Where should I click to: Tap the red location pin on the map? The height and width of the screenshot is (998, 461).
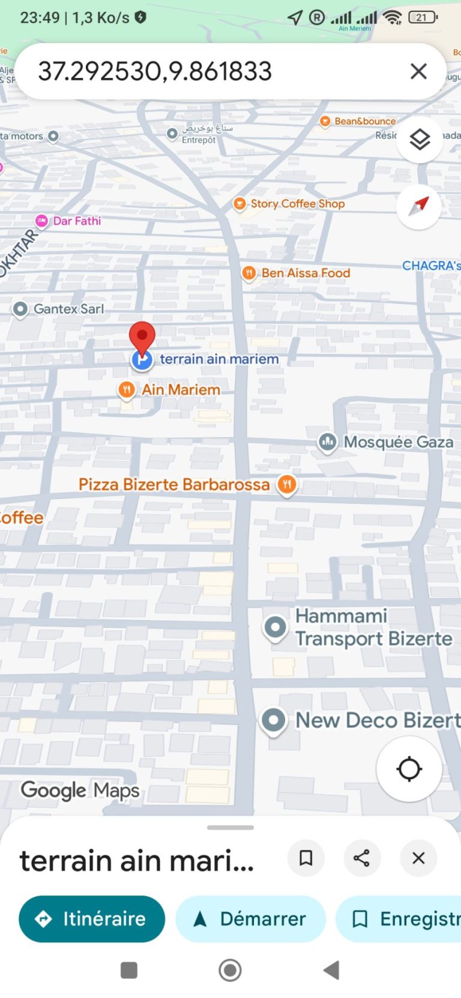(x=142, y=336)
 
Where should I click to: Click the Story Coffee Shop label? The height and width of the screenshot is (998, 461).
(x=297, y=204)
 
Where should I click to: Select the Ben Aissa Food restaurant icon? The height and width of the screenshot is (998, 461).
(x=249, y=273)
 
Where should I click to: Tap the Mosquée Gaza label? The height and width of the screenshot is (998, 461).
(x=398, y=442)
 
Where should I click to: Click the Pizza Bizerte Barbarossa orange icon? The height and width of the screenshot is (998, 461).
(x=287, y=484)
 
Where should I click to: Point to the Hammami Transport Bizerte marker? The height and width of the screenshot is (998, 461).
(x=276, y=627)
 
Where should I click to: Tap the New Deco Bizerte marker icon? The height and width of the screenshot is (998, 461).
(x=274, y=720)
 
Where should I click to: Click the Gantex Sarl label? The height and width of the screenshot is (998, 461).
(x=68, y=309)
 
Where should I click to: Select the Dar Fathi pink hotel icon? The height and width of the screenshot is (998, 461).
(x=41, y=221)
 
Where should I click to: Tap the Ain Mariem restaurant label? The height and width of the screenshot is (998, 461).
(x=181, y=390)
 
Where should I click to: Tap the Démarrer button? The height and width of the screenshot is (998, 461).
(x=250, y=919)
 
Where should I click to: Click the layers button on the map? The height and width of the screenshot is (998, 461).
(x=420, y=140)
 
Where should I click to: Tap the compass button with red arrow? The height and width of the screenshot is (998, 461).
(x=419, y=206)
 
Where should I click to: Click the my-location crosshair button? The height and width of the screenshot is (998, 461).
(x=409, y=769)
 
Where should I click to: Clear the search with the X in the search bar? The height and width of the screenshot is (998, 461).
(x=418, y=71)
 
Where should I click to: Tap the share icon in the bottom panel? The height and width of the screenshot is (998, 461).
(x=361, y=858)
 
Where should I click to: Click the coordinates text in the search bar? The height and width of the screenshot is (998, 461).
(x=155, y=71)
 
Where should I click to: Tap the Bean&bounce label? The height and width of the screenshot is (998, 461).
(x=365, y=121)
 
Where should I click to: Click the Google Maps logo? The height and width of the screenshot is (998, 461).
(x=80, y=790)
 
